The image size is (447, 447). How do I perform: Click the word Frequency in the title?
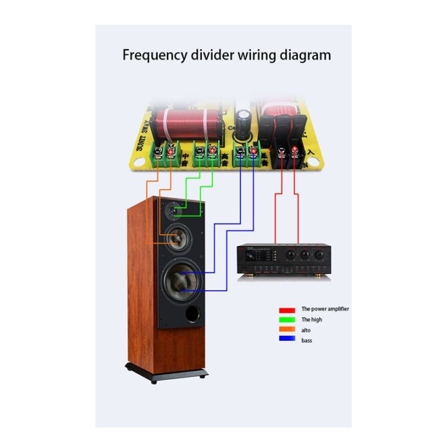pyautogui.click(x=150, y=55)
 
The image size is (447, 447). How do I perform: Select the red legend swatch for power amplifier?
pyautogui.click(x=286, y=309)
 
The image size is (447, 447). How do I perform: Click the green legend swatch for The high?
pyautogui.click(x=286, y=319)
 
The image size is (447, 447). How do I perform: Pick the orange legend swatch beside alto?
pyautogui.click(x=286, y=330)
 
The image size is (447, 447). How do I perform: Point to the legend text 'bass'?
pyautogui.click(x=307, y=341)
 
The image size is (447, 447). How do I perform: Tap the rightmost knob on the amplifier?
pyautogui.click(x=319, y=255)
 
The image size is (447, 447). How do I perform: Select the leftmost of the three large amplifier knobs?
pyautogui.click(x=289, y=255)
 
